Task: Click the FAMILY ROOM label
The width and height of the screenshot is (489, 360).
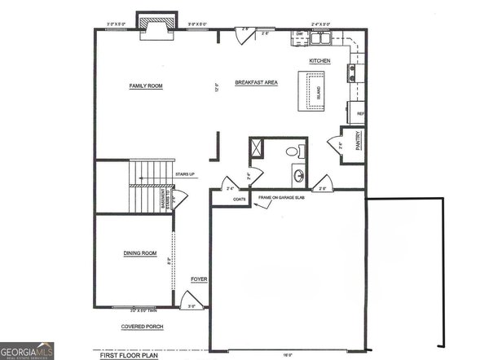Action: click(146, 86)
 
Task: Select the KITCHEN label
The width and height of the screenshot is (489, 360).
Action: click(319, 62)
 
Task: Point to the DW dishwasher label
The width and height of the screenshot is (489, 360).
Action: click(299, 34)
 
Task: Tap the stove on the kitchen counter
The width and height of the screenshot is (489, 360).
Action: click(354, 74)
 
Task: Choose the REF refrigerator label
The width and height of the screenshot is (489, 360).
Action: click(359, 114)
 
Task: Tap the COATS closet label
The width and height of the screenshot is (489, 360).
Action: click(240, 199)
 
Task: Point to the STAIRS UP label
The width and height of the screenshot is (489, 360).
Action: click(184, 173)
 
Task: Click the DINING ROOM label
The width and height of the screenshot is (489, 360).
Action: click(140, 253)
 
